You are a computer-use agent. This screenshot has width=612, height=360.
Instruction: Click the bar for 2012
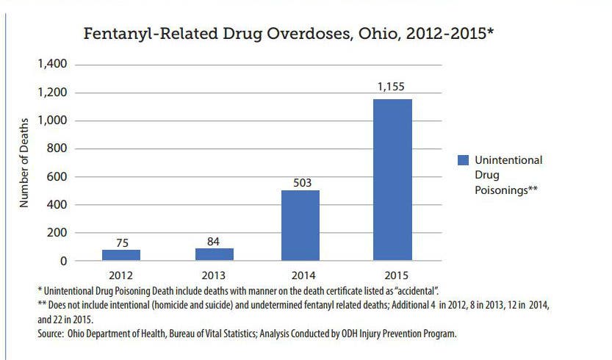coord(120,255)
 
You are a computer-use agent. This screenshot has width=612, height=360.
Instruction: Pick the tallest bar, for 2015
coord(392,180)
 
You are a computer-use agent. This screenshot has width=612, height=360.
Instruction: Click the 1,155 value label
coord(392,87)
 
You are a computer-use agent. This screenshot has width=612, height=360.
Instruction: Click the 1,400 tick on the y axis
coord(51,65)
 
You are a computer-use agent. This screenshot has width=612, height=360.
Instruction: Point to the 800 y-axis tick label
coord(57,148)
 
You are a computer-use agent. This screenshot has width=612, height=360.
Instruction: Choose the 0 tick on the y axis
coord(63,261)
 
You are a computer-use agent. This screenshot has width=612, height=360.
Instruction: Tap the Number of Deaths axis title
coord(24,162)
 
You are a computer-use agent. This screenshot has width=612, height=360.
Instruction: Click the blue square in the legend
coord(462,160)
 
